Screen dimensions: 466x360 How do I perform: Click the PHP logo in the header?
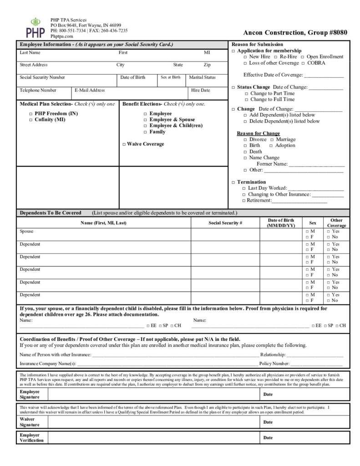(35, 27)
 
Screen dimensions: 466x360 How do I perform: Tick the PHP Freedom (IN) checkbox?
(31, 113)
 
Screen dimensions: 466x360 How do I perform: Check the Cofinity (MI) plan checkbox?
(31, 120)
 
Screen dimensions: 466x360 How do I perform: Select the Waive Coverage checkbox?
(124, 144)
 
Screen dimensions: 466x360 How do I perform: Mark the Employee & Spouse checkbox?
(145, 120)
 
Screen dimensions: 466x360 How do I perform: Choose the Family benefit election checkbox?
(145, 132)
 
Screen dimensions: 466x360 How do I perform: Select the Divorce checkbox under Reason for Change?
(245, 140)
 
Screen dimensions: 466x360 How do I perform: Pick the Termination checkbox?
(233, 182)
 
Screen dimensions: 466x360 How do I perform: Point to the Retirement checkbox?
(243, 201)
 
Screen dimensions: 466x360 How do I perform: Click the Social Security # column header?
(225, 223)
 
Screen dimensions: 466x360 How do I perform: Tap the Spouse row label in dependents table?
(26, 232)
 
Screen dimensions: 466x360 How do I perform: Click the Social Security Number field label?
(42, 77)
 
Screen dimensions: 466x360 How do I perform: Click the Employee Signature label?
(30, 395)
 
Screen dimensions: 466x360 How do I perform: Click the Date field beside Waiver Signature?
(305, 422)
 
